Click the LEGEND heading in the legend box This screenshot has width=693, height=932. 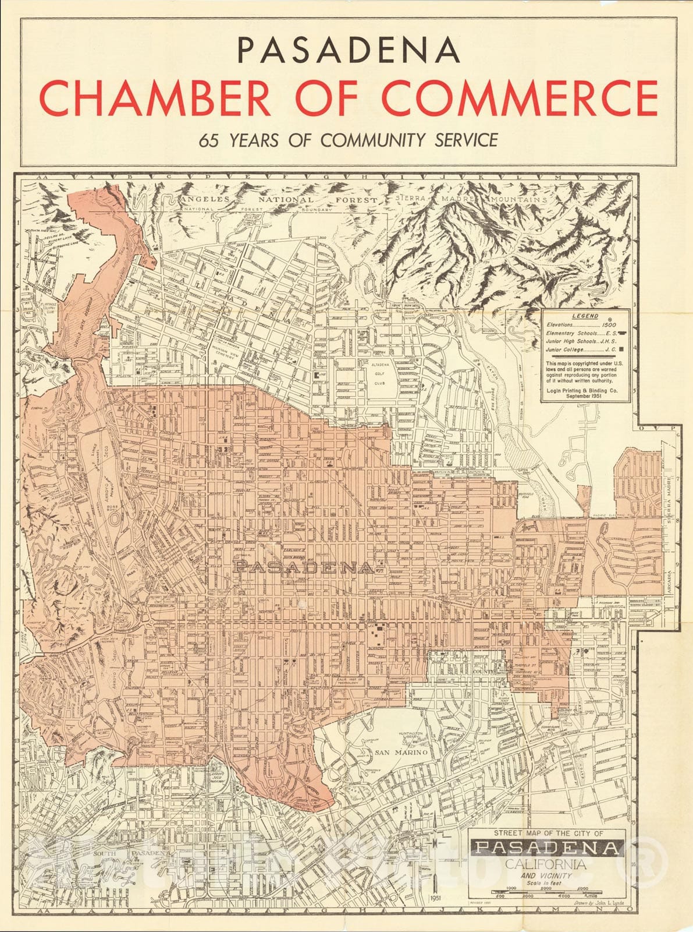click(x=585, y=316)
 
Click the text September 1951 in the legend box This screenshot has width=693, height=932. click(x=585, y=396)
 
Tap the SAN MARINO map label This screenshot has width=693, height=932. click(x=401, y=752)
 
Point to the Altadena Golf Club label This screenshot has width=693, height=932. click(x=379, y=379)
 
